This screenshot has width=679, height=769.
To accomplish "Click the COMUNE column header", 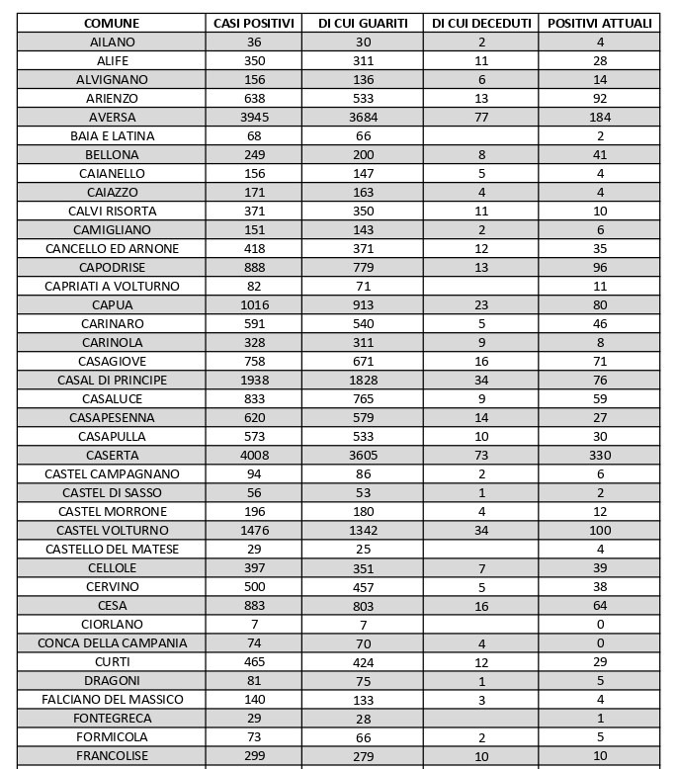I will coord(112,23).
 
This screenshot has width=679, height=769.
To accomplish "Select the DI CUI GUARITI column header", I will coord(363,23).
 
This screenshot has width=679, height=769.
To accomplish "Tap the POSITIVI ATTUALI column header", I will coord(599,23).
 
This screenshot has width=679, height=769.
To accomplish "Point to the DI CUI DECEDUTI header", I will coord(481,23).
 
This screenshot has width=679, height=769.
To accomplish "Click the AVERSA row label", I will coord(112,117).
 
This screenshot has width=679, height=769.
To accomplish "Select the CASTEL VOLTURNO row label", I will coord(112,531).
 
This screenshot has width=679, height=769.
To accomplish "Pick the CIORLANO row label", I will coord(112,625).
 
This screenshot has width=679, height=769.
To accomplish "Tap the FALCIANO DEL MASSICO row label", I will coord(112,700).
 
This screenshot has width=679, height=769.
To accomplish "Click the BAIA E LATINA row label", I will coord(112,135).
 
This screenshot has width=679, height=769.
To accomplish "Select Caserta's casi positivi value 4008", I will coord(254,456).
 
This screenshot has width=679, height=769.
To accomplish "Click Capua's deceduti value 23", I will coord(481,305).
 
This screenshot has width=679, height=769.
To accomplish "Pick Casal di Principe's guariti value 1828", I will coord(363,381).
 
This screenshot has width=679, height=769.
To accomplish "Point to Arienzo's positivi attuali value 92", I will coord(599,99).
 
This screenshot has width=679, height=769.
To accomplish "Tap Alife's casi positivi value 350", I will coord(254,61).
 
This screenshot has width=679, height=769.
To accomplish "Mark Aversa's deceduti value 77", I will coord(481,117).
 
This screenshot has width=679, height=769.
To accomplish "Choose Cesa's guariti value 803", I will coord(363,606).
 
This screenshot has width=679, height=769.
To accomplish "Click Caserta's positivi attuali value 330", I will coord(599,456).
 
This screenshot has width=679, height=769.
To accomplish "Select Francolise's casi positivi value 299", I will coord(254,756).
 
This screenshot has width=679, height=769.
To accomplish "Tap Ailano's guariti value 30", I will coord(363,43).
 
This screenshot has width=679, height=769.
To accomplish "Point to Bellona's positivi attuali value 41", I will coord(599,155).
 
